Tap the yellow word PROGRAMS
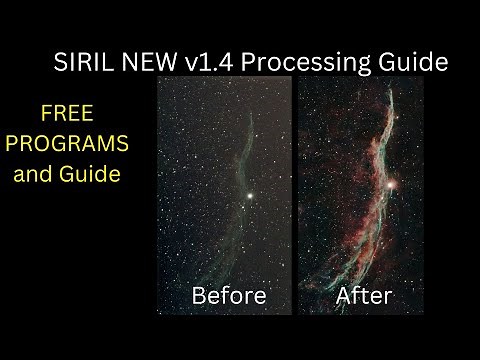67,143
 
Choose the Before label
228,295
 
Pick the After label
363,295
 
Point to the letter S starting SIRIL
59,62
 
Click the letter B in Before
198,295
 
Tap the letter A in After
344,295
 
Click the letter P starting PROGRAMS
13,143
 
